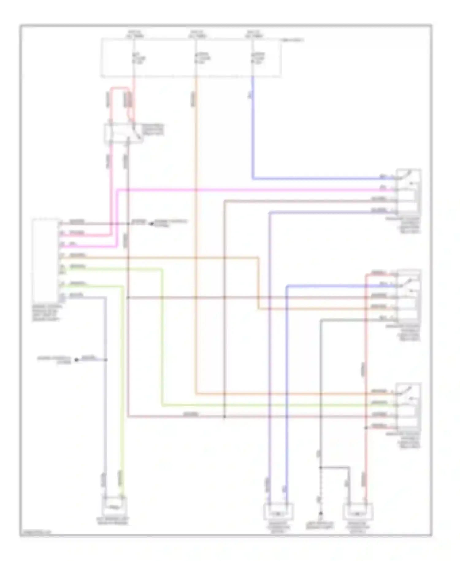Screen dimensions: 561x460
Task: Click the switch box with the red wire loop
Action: coord(124,133)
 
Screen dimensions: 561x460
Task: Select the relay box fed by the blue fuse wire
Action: coord(408,192)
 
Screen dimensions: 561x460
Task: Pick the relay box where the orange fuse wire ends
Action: coord(408,405)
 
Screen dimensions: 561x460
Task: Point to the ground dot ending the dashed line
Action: coord(320,513)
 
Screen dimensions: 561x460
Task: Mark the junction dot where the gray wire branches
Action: coord(320,467)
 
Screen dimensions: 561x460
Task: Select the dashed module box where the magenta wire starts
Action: coord(45,261)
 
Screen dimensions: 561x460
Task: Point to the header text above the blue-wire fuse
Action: coord(254,34)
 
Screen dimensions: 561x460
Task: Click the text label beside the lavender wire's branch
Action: coord(54,360)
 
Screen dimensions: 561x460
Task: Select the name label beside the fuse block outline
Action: coord(293,40)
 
